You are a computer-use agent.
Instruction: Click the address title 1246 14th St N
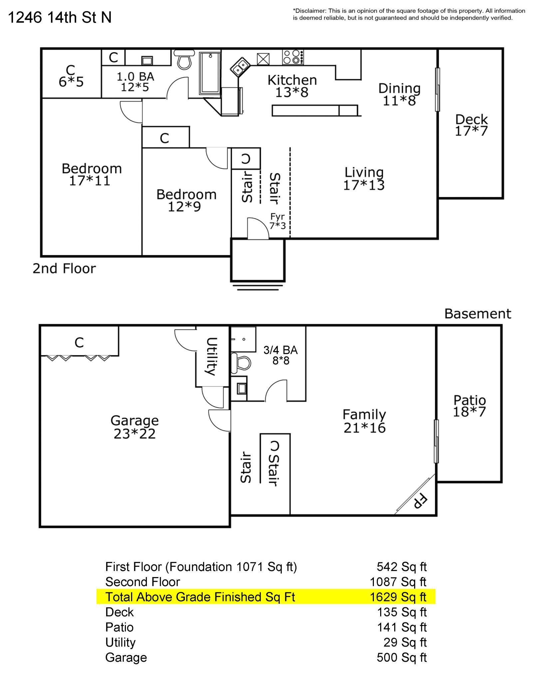click(59, 17)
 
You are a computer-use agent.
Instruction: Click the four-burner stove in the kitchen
click(293, 57)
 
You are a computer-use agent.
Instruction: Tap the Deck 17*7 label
click(471, 125)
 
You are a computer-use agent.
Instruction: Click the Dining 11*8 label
click(399, 94)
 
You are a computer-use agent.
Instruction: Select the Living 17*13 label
click(364, 179)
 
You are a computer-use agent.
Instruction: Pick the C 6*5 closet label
click(71, 76)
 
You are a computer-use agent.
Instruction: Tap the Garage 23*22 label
click(134, 427)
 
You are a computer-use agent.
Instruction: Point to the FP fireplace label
click(420, 501)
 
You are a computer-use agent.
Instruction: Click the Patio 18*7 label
click(469, 406)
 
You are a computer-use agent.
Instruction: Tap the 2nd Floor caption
click(64, 269)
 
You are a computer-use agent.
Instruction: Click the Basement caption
click(477, 314)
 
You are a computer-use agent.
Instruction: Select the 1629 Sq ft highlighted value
click(398, 597)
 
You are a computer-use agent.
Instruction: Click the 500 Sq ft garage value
click(401, 657)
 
